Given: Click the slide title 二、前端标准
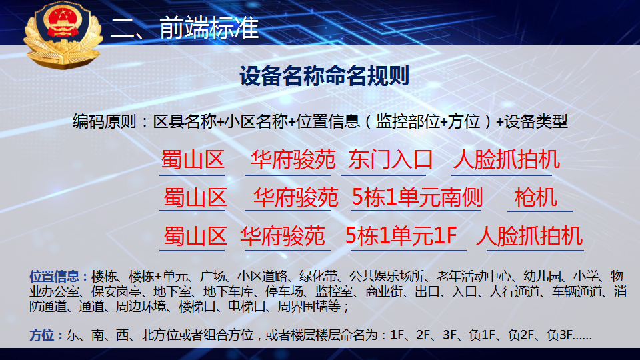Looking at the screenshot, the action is pos(185,28).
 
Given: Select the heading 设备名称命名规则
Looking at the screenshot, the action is pos(325,76).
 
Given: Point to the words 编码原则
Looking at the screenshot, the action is pos(105,121).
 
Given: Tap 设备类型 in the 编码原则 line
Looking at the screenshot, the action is pos(536,121).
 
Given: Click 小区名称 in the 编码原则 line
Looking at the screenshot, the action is pos(256,121).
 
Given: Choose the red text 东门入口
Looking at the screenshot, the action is pos(390,159).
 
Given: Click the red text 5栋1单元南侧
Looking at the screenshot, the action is pos(417,197).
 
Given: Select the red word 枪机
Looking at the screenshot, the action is pos(536,197).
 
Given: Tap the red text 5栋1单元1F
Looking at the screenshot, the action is pos(401,235).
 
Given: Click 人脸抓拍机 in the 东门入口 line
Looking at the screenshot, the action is pos(507,159).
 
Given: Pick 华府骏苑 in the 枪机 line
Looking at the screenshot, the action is pos(295,197).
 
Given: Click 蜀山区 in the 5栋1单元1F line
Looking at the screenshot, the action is pos(195,236).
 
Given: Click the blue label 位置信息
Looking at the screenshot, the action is pos(54,276).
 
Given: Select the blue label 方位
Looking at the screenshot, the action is pos(41,335).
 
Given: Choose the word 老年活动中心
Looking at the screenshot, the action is pos(474,276).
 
